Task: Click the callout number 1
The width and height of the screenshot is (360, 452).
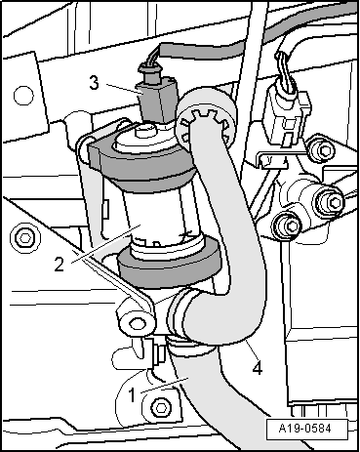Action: point(132,395)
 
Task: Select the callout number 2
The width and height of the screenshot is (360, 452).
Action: point(59,265)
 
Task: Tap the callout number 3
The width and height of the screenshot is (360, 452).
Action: point(94,83)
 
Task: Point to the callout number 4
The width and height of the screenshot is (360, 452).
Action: point(258,368)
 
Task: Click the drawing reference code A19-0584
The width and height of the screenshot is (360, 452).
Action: point(304,428)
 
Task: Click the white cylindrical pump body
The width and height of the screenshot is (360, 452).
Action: point(156,215)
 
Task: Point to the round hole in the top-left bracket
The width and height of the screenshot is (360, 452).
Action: point(23,96)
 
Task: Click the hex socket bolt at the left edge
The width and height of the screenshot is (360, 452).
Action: point(24,238)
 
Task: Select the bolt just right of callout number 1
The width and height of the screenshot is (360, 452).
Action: point(160,407)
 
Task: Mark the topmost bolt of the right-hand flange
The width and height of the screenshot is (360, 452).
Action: point(322,150)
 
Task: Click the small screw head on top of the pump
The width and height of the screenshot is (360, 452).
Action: point(143,132)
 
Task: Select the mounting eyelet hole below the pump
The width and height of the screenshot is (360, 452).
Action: point(136,323)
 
